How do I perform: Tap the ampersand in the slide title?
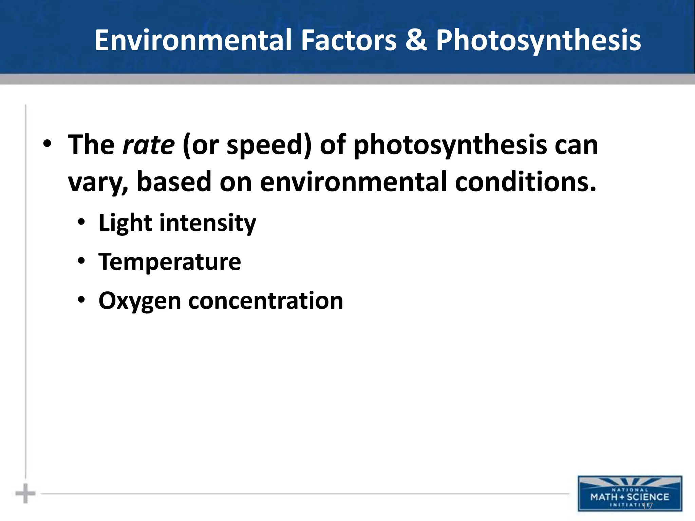click(416, 40)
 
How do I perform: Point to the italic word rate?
click(149, 145)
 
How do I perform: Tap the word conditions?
click(525, 182)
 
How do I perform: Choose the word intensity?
click(208, 223)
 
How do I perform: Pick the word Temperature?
click(170, 262)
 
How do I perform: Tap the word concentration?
click(266, 301)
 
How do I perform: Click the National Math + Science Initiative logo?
click(630, 494)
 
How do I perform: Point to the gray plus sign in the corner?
click(25, 494)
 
